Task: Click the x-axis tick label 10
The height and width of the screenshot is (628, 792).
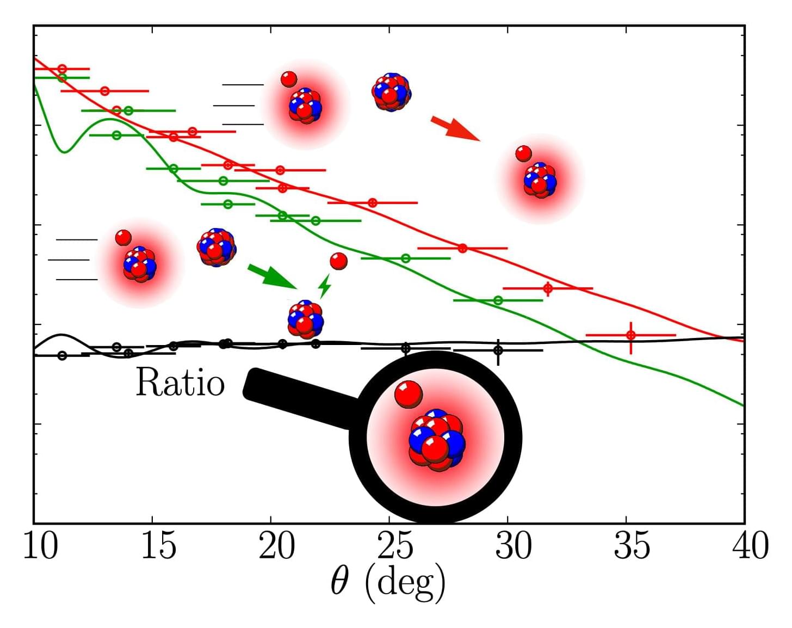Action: [x=40, y=546]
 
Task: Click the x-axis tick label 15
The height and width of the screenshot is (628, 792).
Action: [x=158, y=546]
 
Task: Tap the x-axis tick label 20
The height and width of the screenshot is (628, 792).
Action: [x=276, y=546]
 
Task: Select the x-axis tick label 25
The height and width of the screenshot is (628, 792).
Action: [x=395, y=546]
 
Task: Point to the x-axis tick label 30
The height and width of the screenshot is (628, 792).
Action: [x=513, y=546]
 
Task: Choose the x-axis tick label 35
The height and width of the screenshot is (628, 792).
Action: [x=632, y=546]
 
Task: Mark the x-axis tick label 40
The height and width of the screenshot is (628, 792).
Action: [x=750, y=546]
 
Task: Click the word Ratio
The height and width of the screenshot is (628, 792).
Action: [x=180, y=383]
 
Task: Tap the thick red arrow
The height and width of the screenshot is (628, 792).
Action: [x=455, y=128]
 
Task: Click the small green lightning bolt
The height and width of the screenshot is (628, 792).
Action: [x=325, y=286]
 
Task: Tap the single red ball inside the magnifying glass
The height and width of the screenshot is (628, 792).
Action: [x=408, y=394]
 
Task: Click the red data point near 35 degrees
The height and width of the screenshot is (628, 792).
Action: [x=630, y=335]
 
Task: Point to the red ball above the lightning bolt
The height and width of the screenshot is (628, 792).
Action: [x=338, y=261]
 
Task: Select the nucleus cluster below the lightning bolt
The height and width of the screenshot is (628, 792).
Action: [x=305, y=319]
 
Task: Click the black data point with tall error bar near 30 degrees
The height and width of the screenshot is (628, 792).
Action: [x=498, y=350]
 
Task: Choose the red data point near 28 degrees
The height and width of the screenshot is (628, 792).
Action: [x=462, y=248]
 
